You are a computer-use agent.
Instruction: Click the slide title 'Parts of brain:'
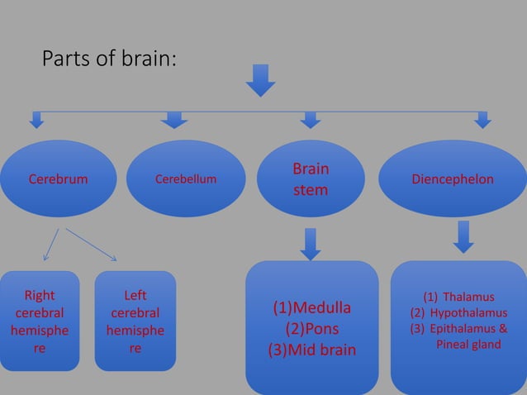pos(109,59)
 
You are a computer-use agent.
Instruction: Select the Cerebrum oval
pos(59,179)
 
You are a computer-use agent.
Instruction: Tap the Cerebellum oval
pos(186,179)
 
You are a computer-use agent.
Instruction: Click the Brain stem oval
pos(310,179)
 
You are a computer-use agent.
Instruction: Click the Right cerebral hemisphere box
pos(40,321)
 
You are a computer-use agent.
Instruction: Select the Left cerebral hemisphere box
pos(135,321)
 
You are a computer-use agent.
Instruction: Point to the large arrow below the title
pos(261,81)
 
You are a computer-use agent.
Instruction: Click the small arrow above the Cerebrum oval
pos(36,121)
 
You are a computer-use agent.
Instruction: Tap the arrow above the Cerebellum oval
pos(173,121)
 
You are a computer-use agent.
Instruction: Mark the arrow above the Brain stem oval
pos(310,121)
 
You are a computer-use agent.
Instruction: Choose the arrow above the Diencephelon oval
pos(483,121)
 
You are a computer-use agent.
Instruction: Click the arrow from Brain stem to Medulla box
pos(311,244)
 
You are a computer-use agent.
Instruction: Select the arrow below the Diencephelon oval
pos(464,236)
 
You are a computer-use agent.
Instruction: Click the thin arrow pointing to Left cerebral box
pos(92,245)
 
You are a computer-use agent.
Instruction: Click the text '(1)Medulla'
pos(312,308)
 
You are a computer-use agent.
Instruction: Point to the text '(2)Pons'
pos(312,329)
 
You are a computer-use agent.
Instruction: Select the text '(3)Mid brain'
pos(312,350)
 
